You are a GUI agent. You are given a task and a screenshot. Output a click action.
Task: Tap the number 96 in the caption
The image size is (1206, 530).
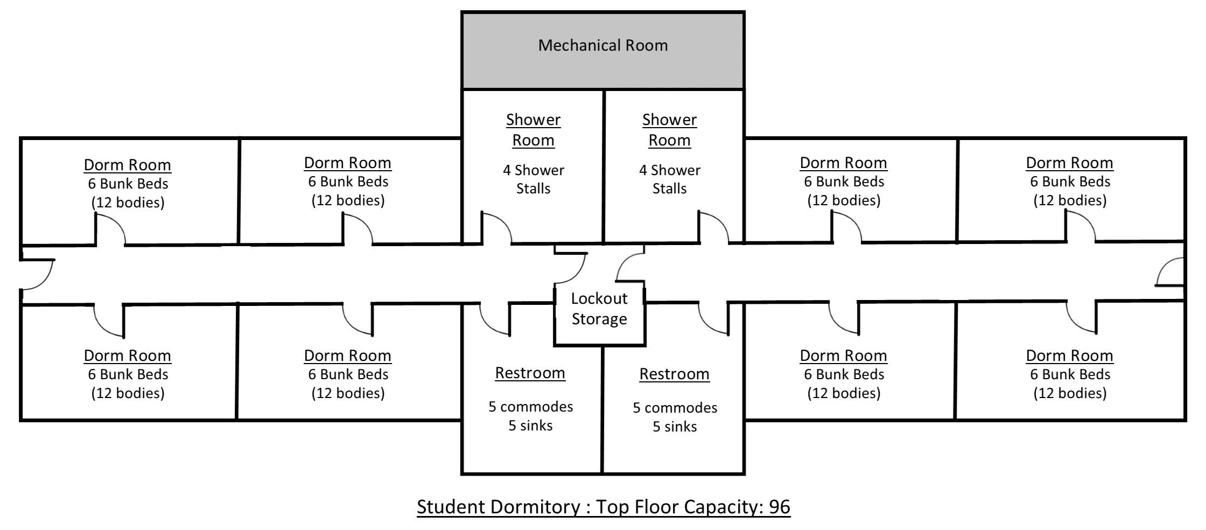779,507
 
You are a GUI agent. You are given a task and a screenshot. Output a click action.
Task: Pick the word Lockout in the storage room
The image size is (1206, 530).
599,298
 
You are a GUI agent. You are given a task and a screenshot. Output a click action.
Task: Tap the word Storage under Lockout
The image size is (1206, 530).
599,319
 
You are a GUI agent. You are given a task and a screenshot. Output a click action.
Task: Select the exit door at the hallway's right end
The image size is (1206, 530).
1169,273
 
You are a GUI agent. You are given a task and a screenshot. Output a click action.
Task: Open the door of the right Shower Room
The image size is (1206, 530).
713,228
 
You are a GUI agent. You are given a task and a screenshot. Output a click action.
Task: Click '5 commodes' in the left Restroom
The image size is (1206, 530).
530,407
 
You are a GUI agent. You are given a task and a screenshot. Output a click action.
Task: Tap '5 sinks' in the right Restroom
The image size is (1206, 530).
675,427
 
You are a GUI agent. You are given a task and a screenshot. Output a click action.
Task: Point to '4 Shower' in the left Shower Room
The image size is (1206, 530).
533,170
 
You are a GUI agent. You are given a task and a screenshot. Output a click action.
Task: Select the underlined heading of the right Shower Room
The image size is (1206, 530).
669,130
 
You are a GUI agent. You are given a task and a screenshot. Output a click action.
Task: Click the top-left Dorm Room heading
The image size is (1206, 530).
128,165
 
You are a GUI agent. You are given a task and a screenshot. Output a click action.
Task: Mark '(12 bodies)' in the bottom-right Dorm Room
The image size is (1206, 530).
1070,393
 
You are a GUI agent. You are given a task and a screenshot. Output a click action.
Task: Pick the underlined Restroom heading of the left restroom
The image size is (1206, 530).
530,373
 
